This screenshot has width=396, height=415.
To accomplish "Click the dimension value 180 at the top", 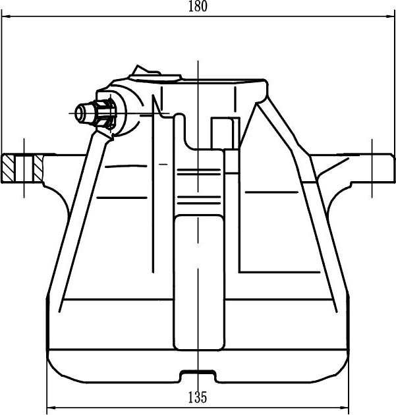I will pos(198,7).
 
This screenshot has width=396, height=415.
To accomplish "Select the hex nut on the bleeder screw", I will pos(104,112).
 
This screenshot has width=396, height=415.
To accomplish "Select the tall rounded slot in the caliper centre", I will pos(198,283).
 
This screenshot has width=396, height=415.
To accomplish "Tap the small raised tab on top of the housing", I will pos(146,71).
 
